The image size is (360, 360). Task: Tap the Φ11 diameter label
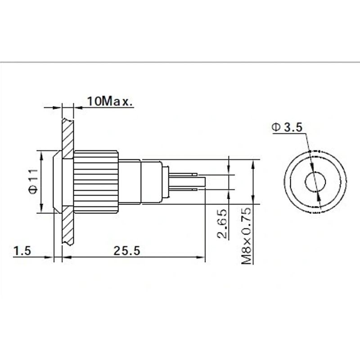coord(33,182)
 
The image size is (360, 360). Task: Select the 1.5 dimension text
coord(22,251)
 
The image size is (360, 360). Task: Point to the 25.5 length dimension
coord(127,251)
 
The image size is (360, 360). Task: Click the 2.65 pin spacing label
coord(222,223)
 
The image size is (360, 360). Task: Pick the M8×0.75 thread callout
coord(247,235)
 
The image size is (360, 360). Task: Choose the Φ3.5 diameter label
coord(287,127)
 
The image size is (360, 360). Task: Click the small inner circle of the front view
coord(315,182)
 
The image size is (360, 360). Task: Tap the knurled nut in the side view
coord(96,182)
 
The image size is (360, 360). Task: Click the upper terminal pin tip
coord(196,175)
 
